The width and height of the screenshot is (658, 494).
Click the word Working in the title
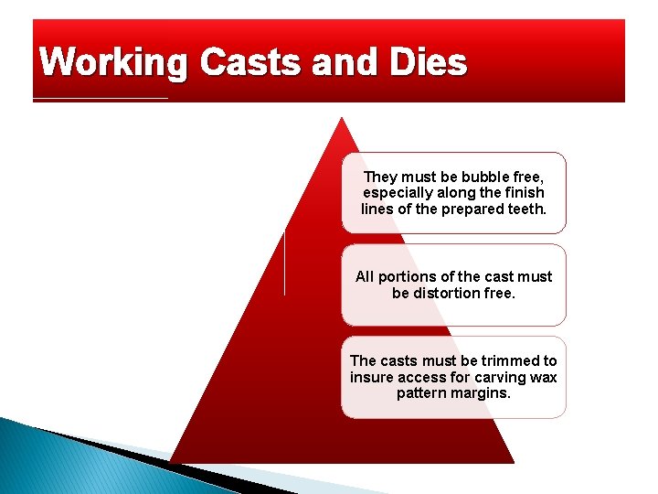pyautogui.click(x=114, y=64)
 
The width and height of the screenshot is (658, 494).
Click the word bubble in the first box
pyautogui.click(x=487, y=177)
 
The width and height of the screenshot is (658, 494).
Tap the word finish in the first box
pyautogui.click(x=523, y=193)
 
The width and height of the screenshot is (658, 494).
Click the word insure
pyautogui.click(x=370, y=377)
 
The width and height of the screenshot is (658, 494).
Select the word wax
pyautogui.click(x=543, y=377)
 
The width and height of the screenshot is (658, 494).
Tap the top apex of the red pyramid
pyautogui.click(x=342, y=118)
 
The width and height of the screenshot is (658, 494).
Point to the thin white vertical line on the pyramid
pyautogui.click(x=284, y=263)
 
